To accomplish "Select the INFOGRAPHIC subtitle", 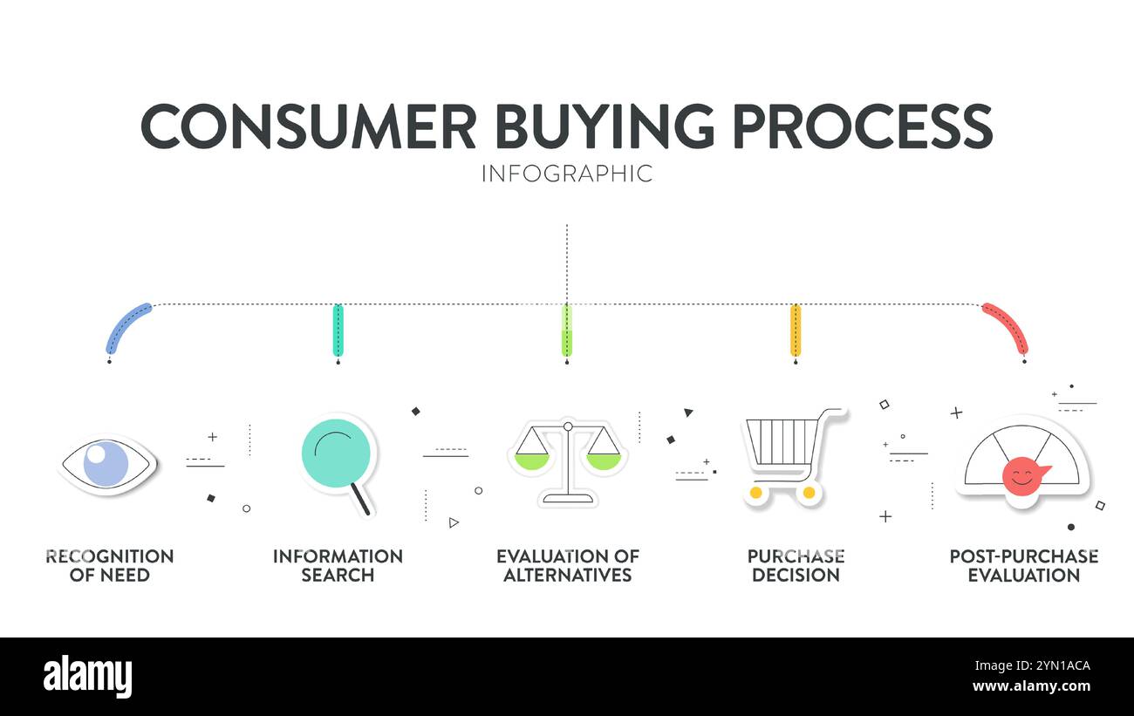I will [x=566, y=174].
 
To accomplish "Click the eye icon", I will [x=107, y=463].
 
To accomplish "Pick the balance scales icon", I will [x=568, y=461].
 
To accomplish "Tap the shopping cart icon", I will [x=789, y=456].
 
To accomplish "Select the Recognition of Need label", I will [x=110, y=565].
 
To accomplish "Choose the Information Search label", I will [x=338, y=565].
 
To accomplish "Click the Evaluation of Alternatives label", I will [x=568, y=565].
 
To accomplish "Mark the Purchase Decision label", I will [x=796, y=565].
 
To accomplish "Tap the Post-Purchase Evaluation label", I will [x=1023, y=565].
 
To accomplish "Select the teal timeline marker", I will [x=338, y=330].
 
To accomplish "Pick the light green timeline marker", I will [x=567, y=330].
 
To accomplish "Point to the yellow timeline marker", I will [x=796, y=330].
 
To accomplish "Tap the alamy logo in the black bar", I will [x=87, y=677].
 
